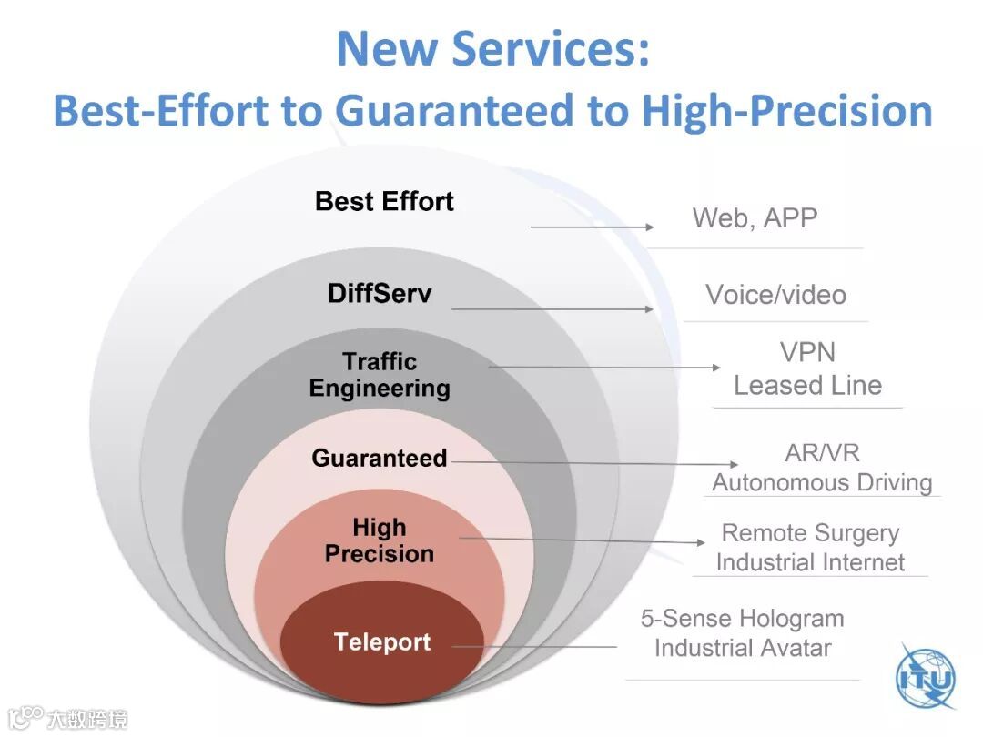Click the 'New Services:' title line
coord(493,48)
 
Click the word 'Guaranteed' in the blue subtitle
coord(454,110)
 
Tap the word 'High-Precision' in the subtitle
coord(787,110)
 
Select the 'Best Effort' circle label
coord(384,202)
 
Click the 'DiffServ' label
coord(380,293)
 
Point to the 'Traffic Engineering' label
coord(380,375)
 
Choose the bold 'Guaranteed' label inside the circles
coord(380,458)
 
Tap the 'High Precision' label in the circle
coord(380,540)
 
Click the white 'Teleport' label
coord(382,641)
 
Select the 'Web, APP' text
coord(755,218)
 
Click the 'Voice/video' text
coord(776,295)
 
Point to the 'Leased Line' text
coord(808,386)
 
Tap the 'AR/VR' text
coord(823,452)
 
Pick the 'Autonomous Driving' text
coord(823,482)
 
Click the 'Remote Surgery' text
coord(811,533)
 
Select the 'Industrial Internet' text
coord(811,562)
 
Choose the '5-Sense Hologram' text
coord(743,619)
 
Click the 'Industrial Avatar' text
coord(743,648)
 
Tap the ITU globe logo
coord(926,678)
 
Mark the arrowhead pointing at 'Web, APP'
coord(650,227)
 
